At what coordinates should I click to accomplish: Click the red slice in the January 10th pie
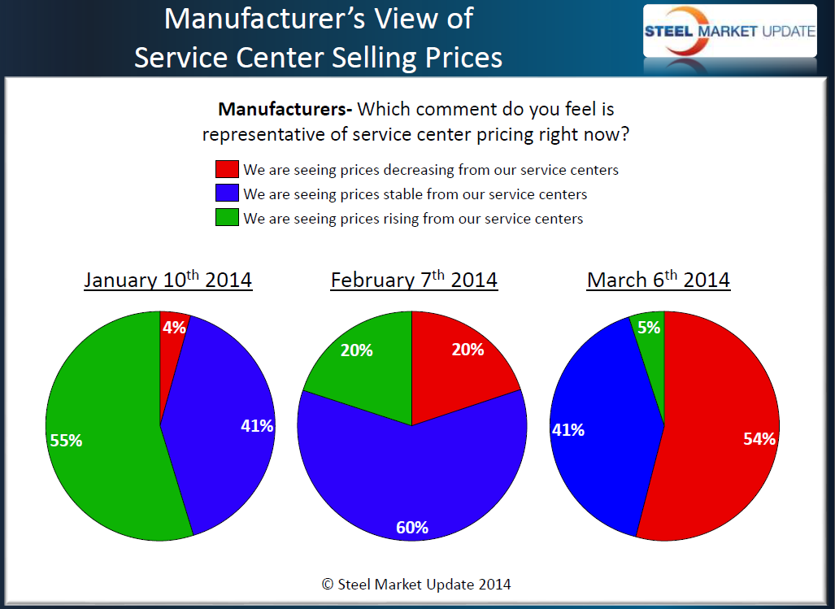pyautogui.click(x=172, y=341)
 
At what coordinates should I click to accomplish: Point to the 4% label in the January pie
pyautogui.click(x=174, y=328)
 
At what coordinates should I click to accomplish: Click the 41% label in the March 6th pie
pyautogui.click(x=568, y=429)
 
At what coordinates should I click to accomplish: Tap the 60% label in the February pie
pyautogui.click(x=412, y=527)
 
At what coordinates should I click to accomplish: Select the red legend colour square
pyautogui.click(x=227, y=170)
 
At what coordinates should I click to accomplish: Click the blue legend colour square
pyautogui.click(x=227, y=194)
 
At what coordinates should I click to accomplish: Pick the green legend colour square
pyautogui.click(x=227, y=218)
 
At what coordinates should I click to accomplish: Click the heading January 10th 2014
pyautogui.click(x=167, y=281)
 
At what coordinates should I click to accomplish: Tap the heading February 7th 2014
pyautogui.click(x=414, y=281)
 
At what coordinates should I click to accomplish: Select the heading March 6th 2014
pyautogui.click(x=659, y=281)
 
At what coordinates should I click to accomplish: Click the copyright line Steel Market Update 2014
pyautogui.click(x=416, y=584)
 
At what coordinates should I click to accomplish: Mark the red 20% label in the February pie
pyautogui.click(x=468, y=350)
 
